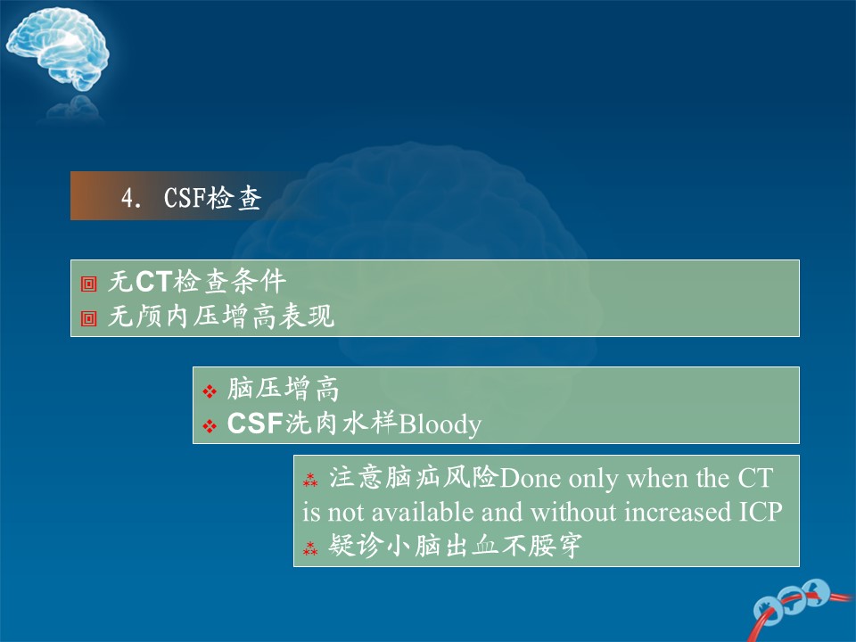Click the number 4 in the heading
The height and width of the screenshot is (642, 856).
128,198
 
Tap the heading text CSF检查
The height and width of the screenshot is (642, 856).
213,198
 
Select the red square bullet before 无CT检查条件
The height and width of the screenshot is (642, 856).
88,284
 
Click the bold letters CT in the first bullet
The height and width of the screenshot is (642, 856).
154,282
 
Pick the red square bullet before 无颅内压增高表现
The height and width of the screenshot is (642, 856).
88,318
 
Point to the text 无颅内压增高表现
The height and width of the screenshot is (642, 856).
221,316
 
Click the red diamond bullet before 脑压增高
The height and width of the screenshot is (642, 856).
210,391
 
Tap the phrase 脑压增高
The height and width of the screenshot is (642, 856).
284,389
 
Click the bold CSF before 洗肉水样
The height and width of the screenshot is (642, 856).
255,424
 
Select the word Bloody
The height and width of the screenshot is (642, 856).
440,424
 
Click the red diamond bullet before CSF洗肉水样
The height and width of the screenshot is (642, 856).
210,426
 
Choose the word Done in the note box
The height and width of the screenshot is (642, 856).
530,478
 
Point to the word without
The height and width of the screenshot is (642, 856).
573,512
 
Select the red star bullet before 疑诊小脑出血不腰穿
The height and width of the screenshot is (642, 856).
310,548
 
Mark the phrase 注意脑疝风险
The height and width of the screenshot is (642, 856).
414,477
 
